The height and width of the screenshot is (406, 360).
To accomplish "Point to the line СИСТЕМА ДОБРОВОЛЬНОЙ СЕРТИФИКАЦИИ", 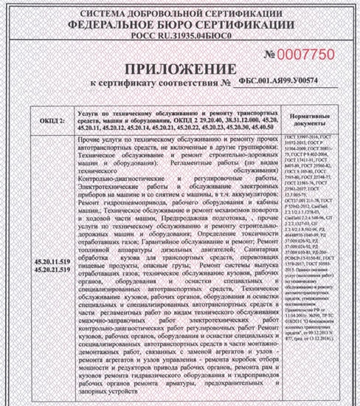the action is [x=180, y=13].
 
